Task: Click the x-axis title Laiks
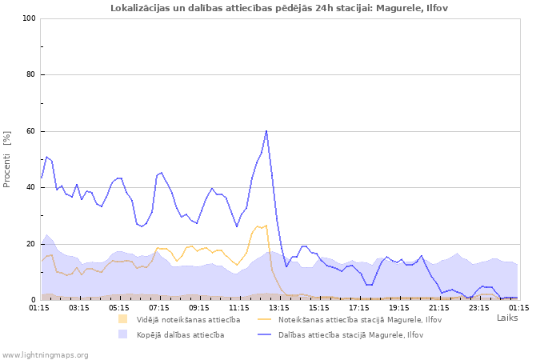507,318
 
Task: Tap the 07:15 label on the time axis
159,306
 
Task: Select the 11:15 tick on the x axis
239,306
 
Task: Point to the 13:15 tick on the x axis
279,306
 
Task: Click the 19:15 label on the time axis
398,306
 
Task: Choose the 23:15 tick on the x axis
478,306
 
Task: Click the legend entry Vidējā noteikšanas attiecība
188,319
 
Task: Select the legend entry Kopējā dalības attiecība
180,334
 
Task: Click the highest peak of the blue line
266,130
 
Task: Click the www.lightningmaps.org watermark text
45,354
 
